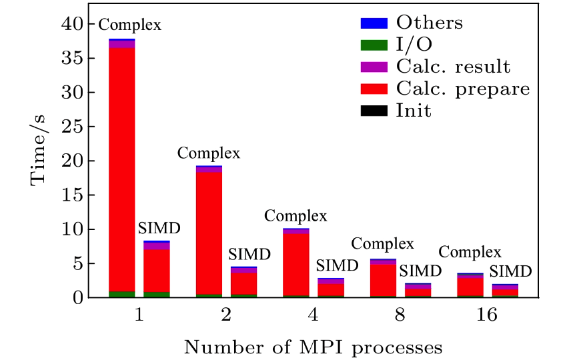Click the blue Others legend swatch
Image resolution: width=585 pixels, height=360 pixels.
(374, 23)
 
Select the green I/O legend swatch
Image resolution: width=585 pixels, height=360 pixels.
(374, 45)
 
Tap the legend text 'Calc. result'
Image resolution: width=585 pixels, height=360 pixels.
(453, 67)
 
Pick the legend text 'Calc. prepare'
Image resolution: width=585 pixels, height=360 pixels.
(463, 89)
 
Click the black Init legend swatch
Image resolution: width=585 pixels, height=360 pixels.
(374, 111)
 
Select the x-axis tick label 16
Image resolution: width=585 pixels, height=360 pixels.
(488, 315)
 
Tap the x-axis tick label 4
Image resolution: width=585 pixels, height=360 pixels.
(314, 315)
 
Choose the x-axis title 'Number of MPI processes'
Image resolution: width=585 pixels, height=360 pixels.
(314, 347)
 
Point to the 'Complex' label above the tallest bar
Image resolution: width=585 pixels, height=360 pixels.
(130, 25)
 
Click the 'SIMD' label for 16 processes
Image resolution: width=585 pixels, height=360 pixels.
(510, 272)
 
